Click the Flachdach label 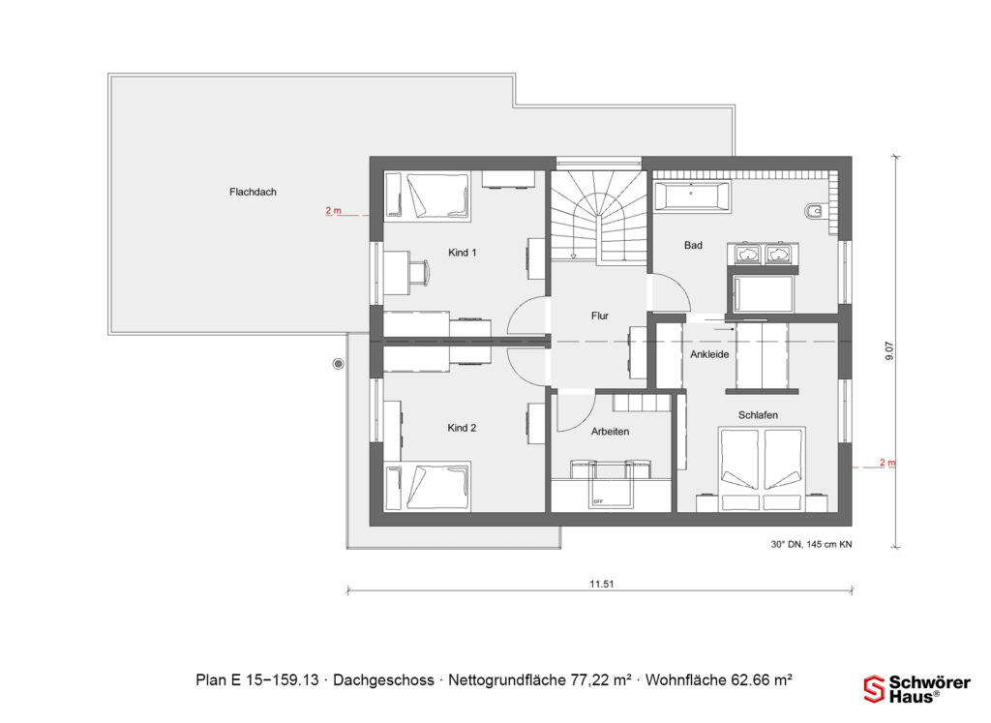tap(253, 192)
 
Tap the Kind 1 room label tap(462, 253)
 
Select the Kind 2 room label tap(462, 428)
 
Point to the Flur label tap(600, 316)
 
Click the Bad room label tap(693, 246)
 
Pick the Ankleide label tap(708, 355)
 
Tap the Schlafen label tap(758, 415)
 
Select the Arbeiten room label tap(610, 432)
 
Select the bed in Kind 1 tap(428, 195)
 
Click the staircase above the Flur tap(599, 215)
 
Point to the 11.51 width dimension tap(602, 584)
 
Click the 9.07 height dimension tap(889, 350)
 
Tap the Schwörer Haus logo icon tap(874, 688)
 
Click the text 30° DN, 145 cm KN tap(811, 545)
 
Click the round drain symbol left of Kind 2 tap(338, 364)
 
